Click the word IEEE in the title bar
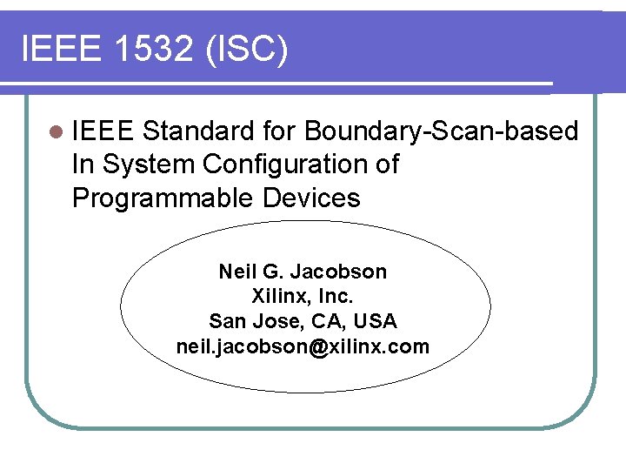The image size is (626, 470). pyautogui.click(x=57, y=50)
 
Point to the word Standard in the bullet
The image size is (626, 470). pyautogui.click(x=197, y=131)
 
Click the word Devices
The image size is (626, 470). pyautogui.click(x=310, y=198)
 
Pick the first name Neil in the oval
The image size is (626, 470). pyautogui.click(x=236, y=272)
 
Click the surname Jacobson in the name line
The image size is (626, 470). pyautogui.click(x=343, y=272)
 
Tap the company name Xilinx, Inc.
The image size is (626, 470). pyautogui.click(x=302, y=296)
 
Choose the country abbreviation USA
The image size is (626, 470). pyautogui.click(x=376, y=321)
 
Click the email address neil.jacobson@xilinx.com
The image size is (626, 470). pyautogui.click(x=302, y=346)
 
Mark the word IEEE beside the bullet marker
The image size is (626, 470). pyautogui.click(x=103, y=131)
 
